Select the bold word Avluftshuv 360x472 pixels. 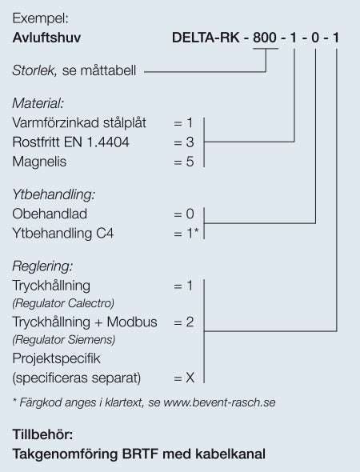[x=46, y=38]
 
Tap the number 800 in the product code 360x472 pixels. [x=265, y=38]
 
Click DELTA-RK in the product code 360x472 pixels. [x=206, y=38]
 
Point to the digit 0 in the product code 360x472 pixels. [x=315, y=38]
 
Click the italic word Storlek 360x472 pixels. [x=34, y=70]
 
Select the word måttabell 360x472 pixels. [x=108, y=70]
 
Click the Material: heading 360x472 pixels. [x=38, y=103]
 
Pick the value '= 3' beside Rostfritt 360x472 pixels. [x=184, y=142]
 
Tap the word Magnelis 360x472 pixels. [x=39, y=162]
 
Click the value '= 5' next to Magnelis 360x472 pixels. [x=184, y=162]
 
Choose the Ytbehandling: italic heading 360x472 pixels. [x=54, y=194]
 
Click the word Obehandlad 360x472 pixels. [x=50, y=214]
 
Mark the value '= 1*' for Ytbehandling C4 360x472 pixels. [x=186, y=234]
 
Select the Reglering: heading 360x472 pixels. [x=42, y=266]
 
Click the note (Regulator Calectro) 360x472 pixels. [x=63, y=303]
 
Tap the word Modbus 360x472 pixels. [x=132, y=322]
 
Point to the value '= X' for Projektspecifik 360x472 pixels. [x=184, y=378]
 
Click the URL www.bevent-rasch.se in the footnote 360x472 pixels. [x=219, y=402]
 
